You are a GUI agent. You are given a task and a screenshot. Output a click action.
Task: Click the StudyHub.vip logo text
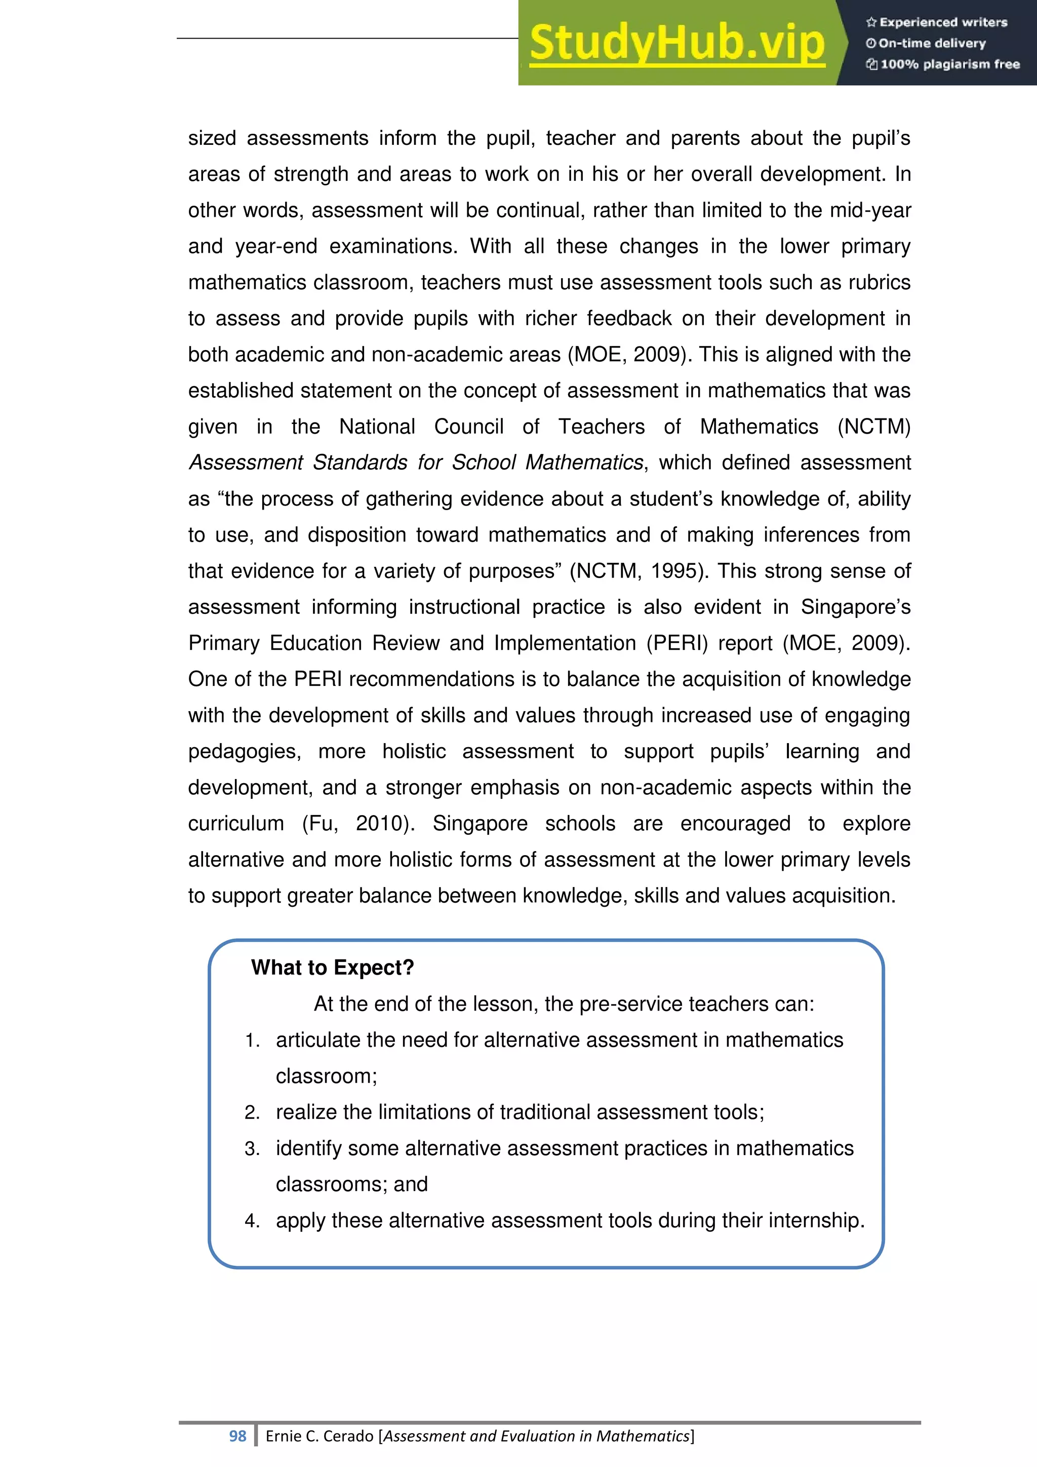point(677,43)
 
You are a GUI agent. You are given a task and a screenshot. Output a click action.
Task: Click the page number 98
point(237,1436)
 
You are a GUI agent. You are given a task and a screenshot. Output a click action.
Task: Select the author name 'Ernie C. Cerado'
point(320,1436)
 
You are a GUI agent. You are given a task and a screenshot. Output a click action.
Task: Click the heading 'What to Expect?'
point(332,968)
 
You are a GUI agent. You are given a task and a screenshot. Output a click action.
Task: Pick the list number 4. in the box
point(252,1221)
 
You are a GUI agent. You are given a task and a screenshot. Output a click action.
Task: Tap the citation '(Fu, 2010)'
point(357,824)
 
